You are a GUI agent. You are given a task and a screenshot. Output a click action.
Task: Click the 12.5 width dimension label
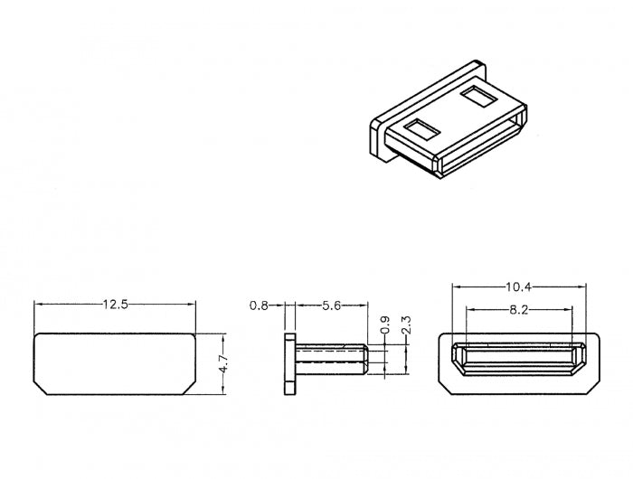(116, 305)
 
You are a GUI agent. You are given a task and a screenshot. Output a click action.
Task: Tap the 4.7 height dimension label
(224, 363)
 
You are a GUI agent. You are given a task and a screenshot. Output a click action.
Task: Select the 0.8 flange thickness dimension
(259, 305)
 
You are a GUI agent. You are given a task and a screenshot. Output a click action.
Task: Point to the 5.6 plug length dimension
(332, 305)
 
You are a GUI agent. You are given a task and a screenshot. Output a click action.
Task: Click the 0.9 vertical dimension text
(385, 324)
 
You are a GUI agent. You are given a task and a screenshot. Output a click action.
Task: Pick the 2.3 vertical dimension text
(406, 324)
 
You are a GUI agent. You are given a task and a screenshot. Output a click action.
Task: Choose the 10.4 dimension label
(519, 286)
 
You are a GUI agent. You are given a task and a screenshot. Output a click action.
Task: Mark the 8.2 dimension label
(519, 310)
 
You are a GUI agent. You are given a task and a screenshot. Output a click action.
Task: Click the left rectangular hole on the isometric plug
(422, 129)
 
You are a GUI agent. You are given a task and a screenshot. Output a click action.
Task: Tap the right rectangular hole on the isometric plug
(478, 96)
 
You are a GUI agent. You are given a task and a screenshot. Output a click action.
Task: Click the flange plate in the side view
(290, 363)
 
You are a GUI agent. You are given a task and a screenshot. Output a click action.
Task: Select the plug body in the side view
(332, 359)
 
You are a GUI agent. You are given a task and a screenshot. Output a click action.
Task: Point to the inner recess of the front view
(519, 359)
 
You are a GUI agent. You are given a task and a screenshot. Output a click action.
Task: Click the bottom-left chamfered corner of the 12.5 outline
(41, 388)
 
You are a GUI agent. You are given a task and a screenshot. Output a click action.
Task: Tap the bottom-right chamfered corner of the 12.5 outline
(189, 388)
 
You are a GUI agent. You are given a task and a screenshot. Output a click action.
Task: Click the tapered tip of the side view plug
(365, 359)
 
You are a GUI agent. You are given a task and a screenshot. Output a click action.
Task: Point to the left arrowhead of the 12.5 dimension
(38, 305)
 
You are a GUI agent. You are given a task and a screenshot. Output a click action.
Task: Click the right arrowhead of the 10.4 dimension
(581, 286)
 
